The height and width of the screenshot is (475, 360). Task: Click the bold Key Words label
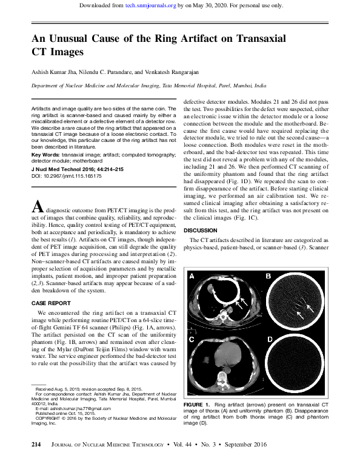click(46, 155)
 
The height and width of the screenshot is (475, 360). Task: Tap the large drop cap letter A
click(37, 207)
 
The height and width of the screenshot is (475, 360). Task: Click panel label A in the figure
click(192, 277)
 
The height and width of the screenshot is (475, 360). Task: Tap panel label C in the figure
click(192, 340)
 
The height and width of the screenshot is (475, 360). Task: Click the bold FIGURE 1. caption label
click(196, 403)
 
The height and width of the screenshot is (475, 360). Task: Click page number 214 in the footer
click(36, 445)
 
